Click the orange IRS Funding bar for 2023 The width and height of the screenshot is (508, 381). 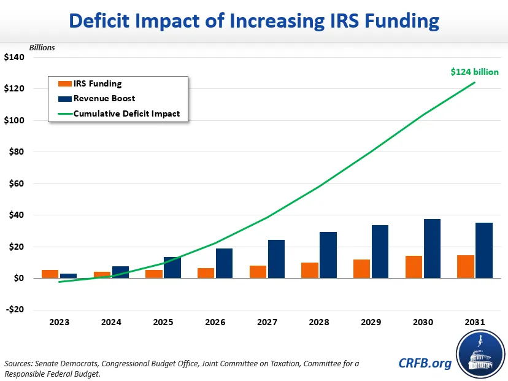tap(50, 274)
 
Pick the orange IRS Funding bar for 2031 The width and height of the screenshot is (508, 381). tap(466, 266)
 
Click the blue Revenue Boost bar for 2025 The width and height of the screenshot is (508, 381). tap(172, 267)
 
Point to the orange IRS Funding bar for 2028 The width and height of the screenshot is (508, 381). tap(310, 271)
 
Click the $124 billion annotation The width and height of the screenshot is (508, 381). tap(475, 72)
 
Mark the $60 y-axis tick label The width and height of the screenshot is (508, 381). tap(15, 183)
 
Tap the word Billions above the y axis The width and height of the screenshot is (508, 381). tap(42, 47)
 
